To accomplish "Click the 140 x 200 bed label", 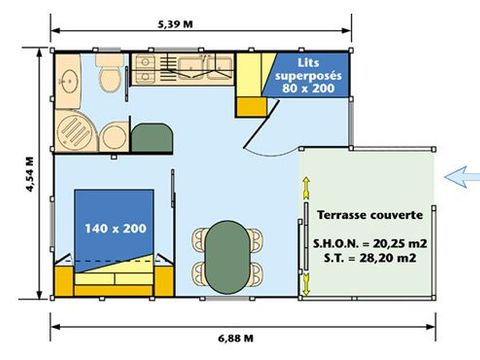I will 115,229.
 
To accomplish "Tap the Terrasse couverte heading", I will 369,215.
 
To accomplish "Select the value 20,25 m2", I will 391,243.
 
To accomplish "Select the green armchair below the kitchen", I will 150,137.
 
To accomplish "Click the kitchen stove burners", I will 144,70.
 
